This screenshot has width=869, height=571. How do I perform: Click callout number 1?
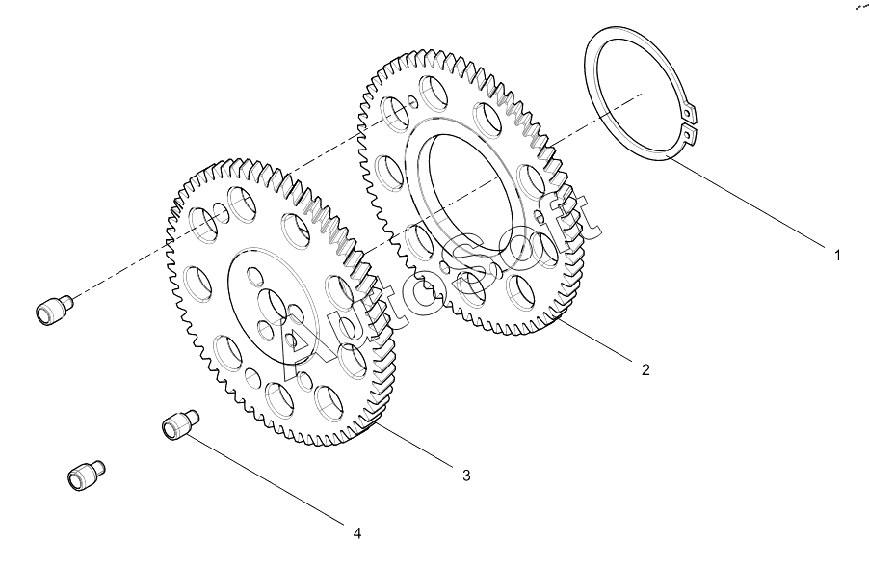[837, 256]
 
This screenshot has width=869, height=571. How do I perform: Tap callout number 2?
[645, 369]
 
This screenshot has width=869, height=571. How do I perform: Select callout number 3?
[466, 476]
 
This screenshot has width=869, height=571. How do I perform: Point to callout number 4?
[357, 533]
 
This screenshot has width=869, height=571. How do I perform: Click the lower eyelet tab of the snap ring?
[688, 134]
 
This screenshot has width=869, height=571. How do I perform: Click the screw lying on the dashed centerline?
[54, 308]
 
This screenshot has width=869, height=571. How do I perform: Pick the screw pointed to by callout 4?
[180, 425]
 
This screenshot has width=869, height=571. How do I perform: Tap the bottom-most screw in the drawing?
[86, 476]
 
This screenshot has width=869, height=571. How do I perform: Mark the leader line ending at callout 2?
[595, 340]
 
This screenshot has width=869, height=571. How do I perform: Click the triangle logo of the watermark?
[294, 344]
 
